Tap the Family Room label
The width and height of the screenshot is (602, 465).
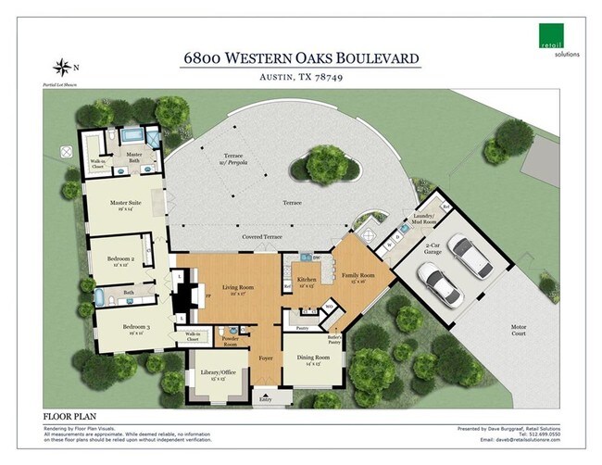357,274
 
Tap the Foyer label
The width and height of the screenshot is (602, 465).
267,353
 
